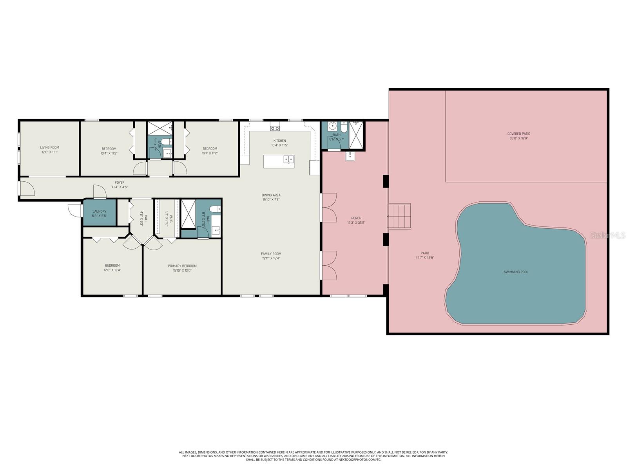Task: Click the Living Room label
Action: point(49,148)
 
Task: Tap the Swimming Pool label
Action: point(518,272)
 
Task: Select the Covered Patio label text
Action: point(518,134)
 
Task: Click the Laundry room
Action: point(99,213)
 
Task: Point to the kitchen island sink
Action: point(288,160)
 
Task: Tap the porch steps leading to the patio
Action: point(400,216)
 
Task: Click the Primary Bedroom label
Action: point(182,266)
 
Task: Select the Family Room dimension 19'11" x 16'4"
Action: point(271,258)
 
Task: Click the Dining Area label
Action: point(271,195)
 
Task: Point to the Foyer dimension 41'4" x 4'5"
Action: point(120,187)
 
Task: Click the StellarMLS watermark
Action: point(608,235)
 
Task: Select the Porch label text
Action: point(356,218)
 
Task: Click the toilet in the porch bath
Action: point(344,127)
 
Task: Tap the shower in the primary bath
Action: point(188,213)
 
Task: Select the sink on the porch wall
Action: point(350,156)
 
